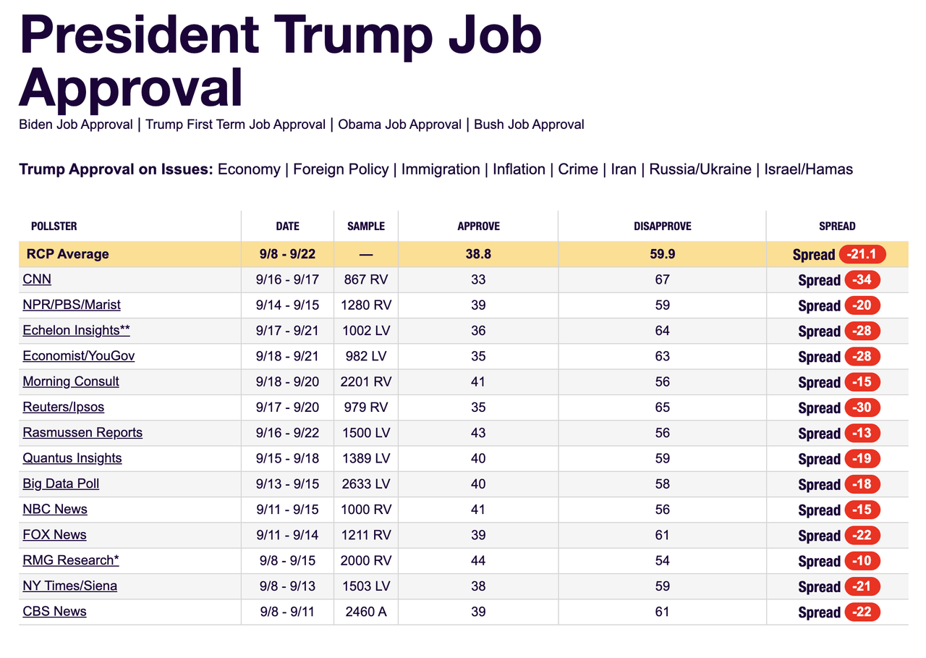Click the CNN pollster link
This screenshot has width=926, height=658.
[37, 279]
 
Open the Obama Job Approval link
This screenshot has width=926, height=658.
[399, 125]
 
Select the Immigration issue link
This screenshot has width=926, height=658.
[441, 169]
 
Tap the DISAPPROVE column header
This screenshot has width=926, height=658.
[662, 227]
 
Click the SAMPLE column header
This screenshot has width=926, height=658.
[366, 227]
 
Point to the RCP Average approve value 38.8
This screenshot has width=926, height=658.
[478, 254]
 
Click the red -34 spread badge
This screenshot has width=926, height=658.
[862, 280]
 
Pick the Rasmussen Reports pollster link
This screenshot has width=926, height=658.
[82, 433]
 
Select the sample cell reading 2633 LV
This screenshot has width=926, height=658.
[366, 484]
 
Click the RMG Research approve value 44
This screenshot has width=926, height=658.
[478, 560]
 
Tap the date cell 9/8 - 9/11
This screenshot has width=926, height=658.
[287, 612]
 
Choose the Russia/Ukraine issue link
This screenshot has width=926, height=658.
[700, 169]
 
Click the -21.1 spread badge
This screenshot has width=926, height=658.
[862, 254]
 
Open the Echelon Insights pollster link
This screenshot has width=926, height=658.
[77, 330]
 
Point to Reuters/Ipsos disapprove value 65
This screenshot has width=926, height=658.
[662, 408]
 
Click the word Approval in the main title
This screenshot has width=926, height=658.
[131, 88]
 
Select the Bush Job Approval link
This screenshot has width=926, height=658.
[529, 125]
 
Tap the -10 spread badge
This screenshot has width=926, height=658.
[862, 561]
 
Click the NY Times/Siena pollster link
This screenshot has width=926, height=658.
[70, 586]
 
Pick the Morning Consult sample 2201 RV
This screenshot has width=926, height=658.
[366, 381]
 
